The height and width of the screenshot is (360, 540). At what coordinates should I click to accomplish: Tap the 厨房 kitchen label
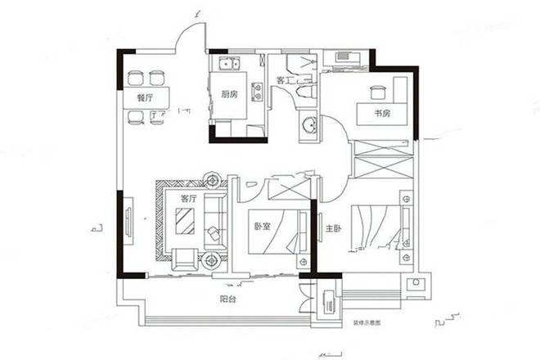(230, 93)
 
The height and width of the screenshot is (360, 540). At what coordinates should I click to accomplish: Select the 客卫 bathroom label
(285, 81)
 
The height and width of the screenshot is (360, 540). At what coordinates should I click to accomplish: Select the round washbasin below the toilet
(310, 126)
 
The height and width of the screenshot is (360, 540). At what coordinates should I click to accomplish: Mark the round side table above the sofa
(214, 178)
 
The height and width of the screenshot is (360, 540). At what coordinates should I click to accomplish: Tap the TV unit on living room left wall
(130, 223)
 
